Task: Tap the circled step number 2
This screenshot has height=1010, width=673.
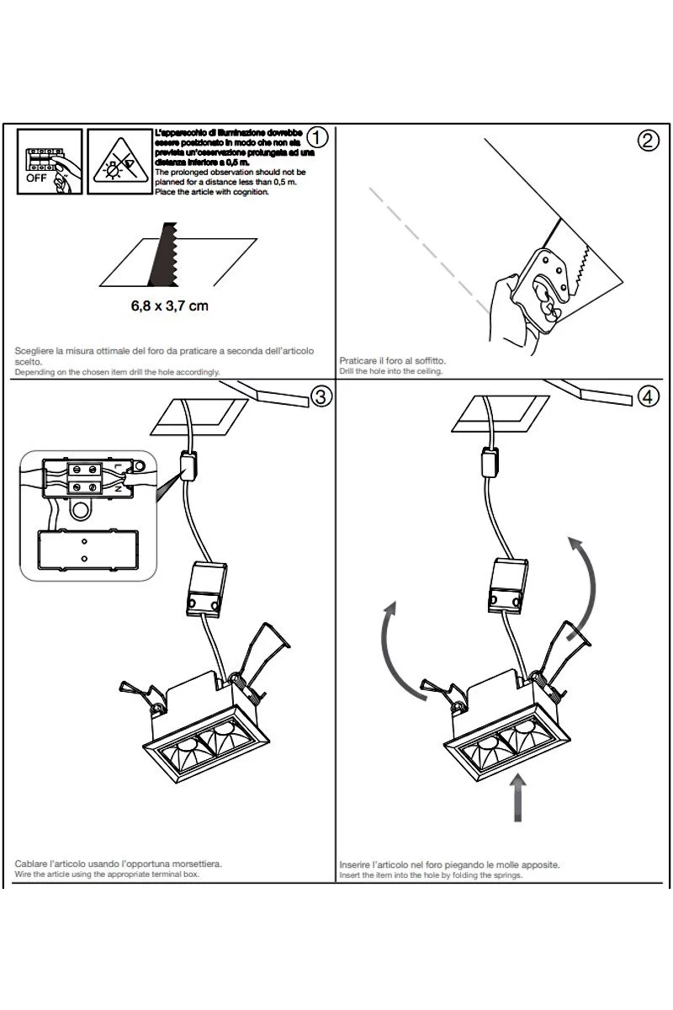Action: click(648, 140)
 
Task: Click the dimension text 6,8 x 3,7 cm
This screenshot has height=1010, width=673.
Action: click(169, 306)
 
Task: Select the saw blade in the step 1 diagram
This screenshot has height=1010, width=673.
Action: click(161, 253)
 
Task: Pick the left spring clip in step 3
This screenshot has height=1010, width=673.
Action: click(140, 689)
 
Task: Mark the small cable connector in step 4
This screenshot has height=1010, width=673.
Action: click(490, 463)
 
